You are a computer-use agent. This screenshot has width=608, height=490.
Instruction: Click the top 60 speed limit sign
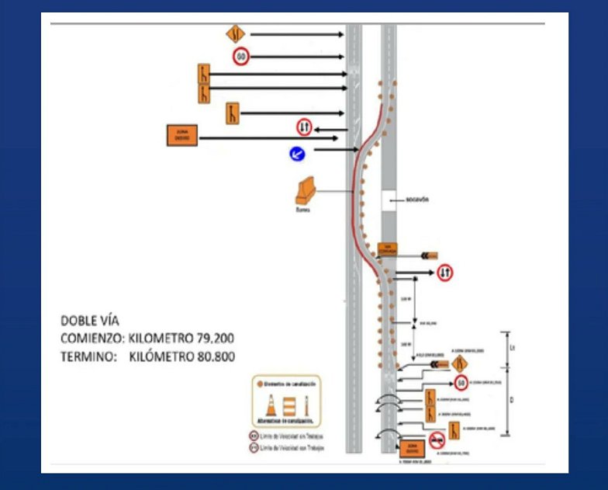point(240,57)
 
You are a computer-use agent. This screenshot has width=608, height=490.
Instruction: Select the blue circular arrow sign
point(296,155)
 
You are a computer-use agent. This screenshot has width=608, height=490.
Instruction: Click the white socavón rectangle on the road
point(389,201)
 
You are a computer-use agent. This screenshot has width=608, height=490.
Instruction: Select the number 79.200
point(207,338)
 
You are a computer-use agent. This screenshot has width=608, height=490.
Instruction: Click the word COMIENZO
point(92,338)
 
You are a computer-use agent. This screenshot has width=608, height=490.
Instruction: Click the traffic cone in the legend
point(271,405)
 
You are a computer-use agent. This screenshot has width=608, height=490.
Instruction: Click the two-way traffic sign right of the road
point(445,273)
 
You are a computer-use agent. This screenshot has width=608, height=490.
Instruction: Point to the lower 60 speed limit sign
point(461,382)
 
